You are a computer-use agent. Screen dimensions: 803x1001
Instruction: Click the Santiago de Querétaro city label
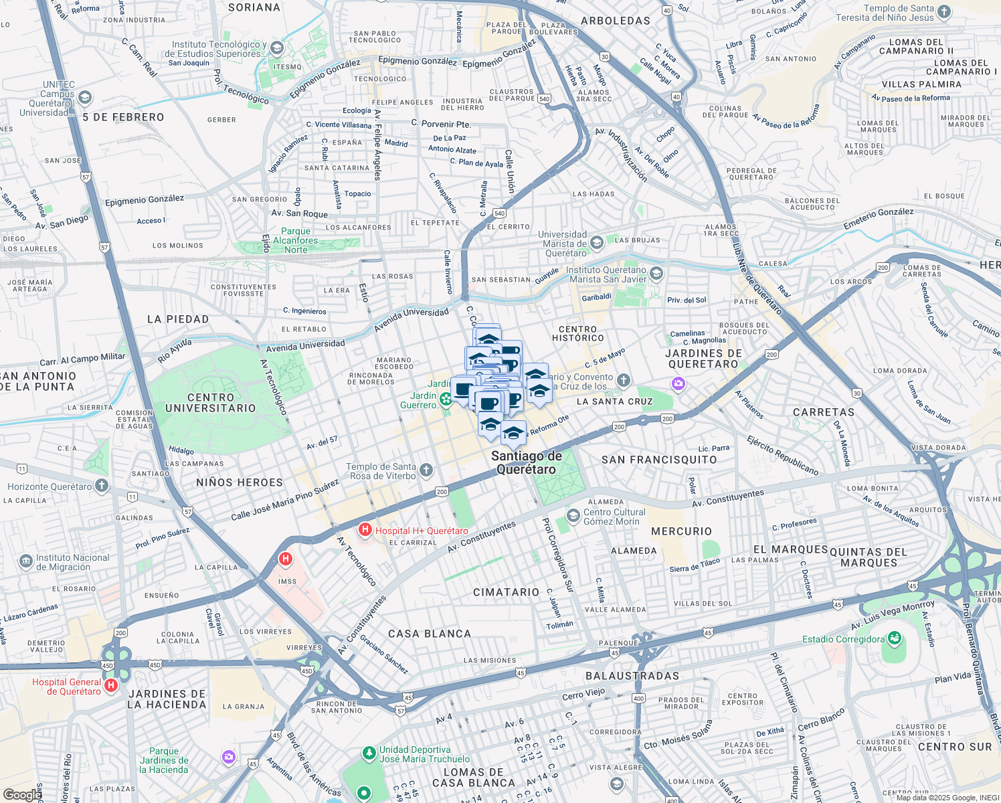[527, 462]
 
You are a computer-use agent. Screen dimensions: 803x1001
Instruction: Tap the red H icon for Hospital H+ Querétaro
[365, 530]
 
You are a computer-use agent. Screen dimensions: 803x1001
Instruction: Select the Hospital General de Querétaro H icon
[111, 685]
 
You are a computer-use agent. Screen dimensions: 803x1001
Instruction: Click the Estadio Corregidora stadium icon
[895, 638]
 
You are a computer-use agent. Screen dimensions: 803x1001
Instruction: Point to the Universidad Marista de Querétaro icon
[597, 242]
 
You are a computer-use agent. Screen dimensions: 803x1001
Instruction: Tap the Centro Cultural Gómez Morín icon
[573, 515]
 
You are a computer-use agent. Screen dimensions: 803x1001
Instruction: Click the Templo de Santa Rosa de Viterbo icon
[426, 470]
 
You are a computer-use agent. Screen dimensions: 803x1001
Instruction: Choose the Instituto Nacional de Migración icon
[25, 561]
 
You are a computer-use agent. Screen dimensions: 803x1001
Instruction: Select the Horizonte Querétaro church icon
[102, 485]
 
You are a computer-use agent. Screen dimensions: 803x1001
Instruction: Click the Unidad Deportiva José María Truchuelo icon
[369, 753]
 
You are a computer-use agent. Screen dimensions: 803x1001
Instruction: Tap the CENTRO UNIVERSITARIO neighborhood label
[211, 403]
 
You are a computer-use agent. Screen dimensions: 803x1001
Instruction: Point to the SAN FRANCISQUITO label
[659, 460]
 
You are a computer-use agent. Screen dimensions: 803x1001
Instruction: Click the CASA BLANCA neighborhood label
[430, 634]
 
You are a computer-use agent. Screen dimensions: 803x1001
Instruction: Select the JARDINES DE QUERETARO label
[704, 359]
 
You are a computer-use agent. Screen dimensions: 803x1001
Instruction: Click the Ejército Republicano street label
[783, 455]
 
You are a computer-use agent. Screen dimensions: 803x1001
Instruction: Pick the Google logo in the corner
[21, 794]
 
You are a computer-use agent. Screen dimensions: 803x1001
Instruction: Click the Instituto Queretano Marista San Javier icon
[656, 273]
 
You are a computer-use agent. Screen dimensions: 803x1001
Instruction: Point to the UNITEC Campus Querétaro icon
[85, 98]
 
